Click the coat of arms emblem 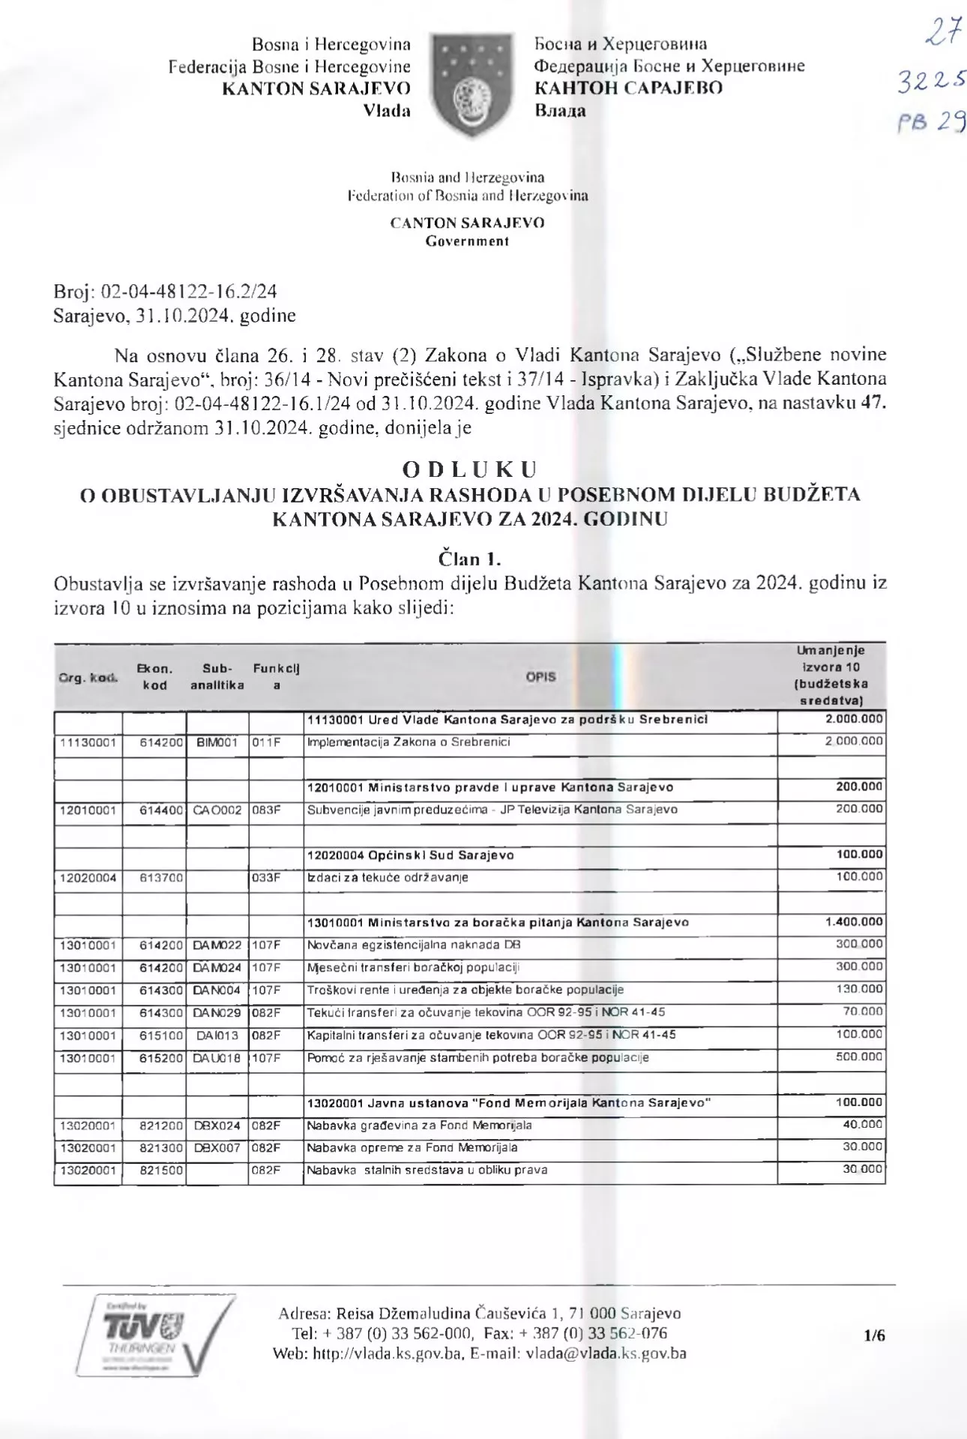tap(472, 85)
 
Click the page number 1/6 tap(874, 1335)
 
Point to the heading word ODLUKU tap(470, 469)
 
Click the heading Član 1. tap(470, 559)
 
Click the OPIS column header tap(540, 676)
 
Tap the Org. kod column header tap(88, 677)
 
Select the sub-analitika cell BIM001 tap(217, 742)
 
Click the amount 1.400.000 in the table tap(854, 922)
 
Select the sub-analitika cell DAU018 tap(217, 1058)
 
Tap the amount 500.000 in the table tap(859, 1057)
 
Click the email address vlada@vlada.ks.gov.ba tap(606, 1354)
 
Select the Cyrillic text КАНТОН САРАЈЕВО tap(628, 88)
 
